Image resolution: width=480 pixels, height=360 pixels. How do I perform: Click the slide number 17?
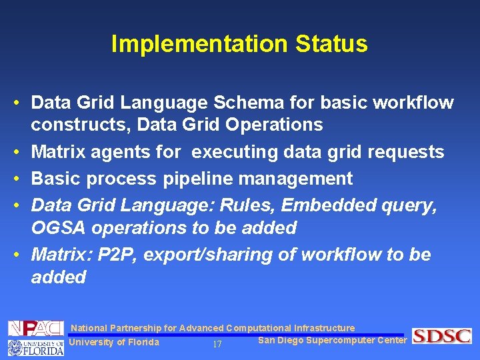pos(217,345)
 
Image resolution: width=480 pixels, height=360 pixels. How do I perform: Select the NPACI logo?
pos(35,329)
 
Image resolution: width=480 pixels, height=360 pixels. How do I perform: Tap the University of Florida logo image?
pos(35,347)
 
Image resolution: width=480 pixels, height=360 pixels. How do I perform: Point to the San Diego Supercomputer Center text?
pos(331,341)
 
